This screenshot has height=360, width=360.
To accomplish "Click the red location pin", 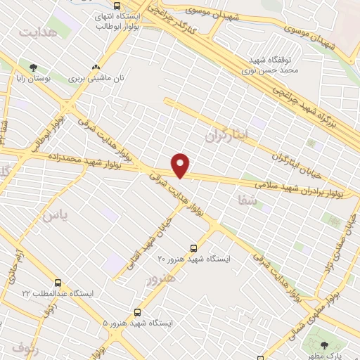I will click(181, 165).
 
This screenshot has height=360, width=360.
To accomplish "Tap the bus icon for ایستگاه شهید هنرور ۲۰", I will click(193, 247).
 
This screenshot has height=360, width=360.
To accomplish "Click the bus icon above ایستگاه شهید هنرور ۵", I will click(136, 311).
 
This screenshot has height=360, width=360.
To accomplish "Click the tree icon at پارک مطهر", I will click(324, 345).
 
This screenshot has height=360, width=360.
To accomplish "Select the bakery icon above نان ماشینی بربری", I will click(105, 67).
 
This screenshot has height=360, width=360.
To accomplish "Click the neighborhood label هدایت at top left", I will click(37, 33).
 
